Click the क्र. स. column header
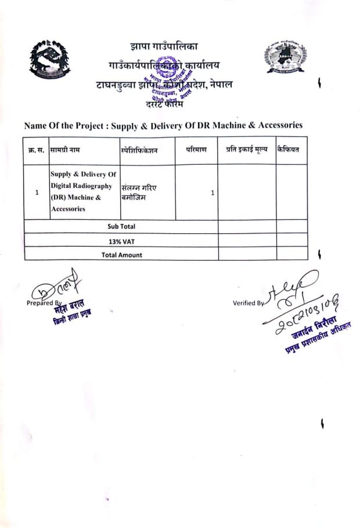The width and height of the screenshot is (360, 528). tap(37, 150)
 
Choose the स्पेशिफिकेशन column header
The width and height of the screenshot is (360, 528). tap(139, 150)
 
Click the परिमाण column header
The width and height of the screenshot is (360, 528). tap(196, 150)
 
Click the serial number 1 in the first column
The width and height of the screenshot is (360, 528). tap(37, 193)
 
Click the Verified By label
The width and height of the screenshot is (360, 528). tap(248, 302)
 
